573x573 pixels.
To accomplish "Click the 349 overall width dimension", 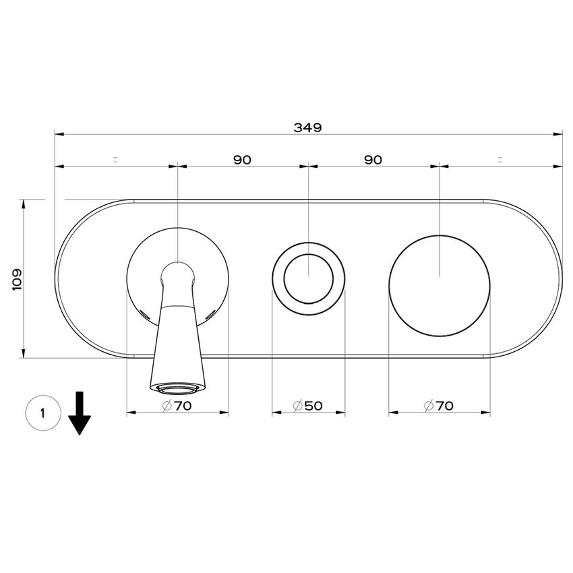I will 308,126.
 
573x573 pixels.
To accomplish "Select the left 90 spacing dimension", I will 242,160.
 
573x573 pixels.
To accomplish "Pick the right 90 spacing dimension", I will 373,160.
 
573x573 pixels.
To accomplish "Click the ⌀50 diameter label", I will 308,406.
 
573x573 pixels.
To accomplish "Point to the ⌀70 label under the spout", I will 177,406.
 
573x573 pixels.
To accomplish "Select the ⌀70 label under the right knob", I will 439,406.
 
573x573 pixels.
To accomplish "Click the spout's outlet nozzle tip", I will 177,388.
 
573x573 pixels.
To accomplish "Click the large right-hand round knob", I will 439,286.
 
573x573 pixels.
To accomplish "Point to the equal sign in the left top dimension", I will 115,160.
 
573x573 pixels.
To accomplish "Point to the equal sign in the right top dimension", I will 500,160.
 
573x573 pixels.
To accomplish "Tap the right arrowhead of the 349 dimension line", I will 559,134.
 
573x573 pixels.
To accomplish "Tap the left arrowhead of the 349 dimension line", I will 59,134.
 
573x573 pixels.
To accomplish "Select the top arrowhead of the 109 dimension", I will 24,203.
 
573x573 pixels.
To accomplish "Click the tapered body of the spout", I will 177,344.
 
